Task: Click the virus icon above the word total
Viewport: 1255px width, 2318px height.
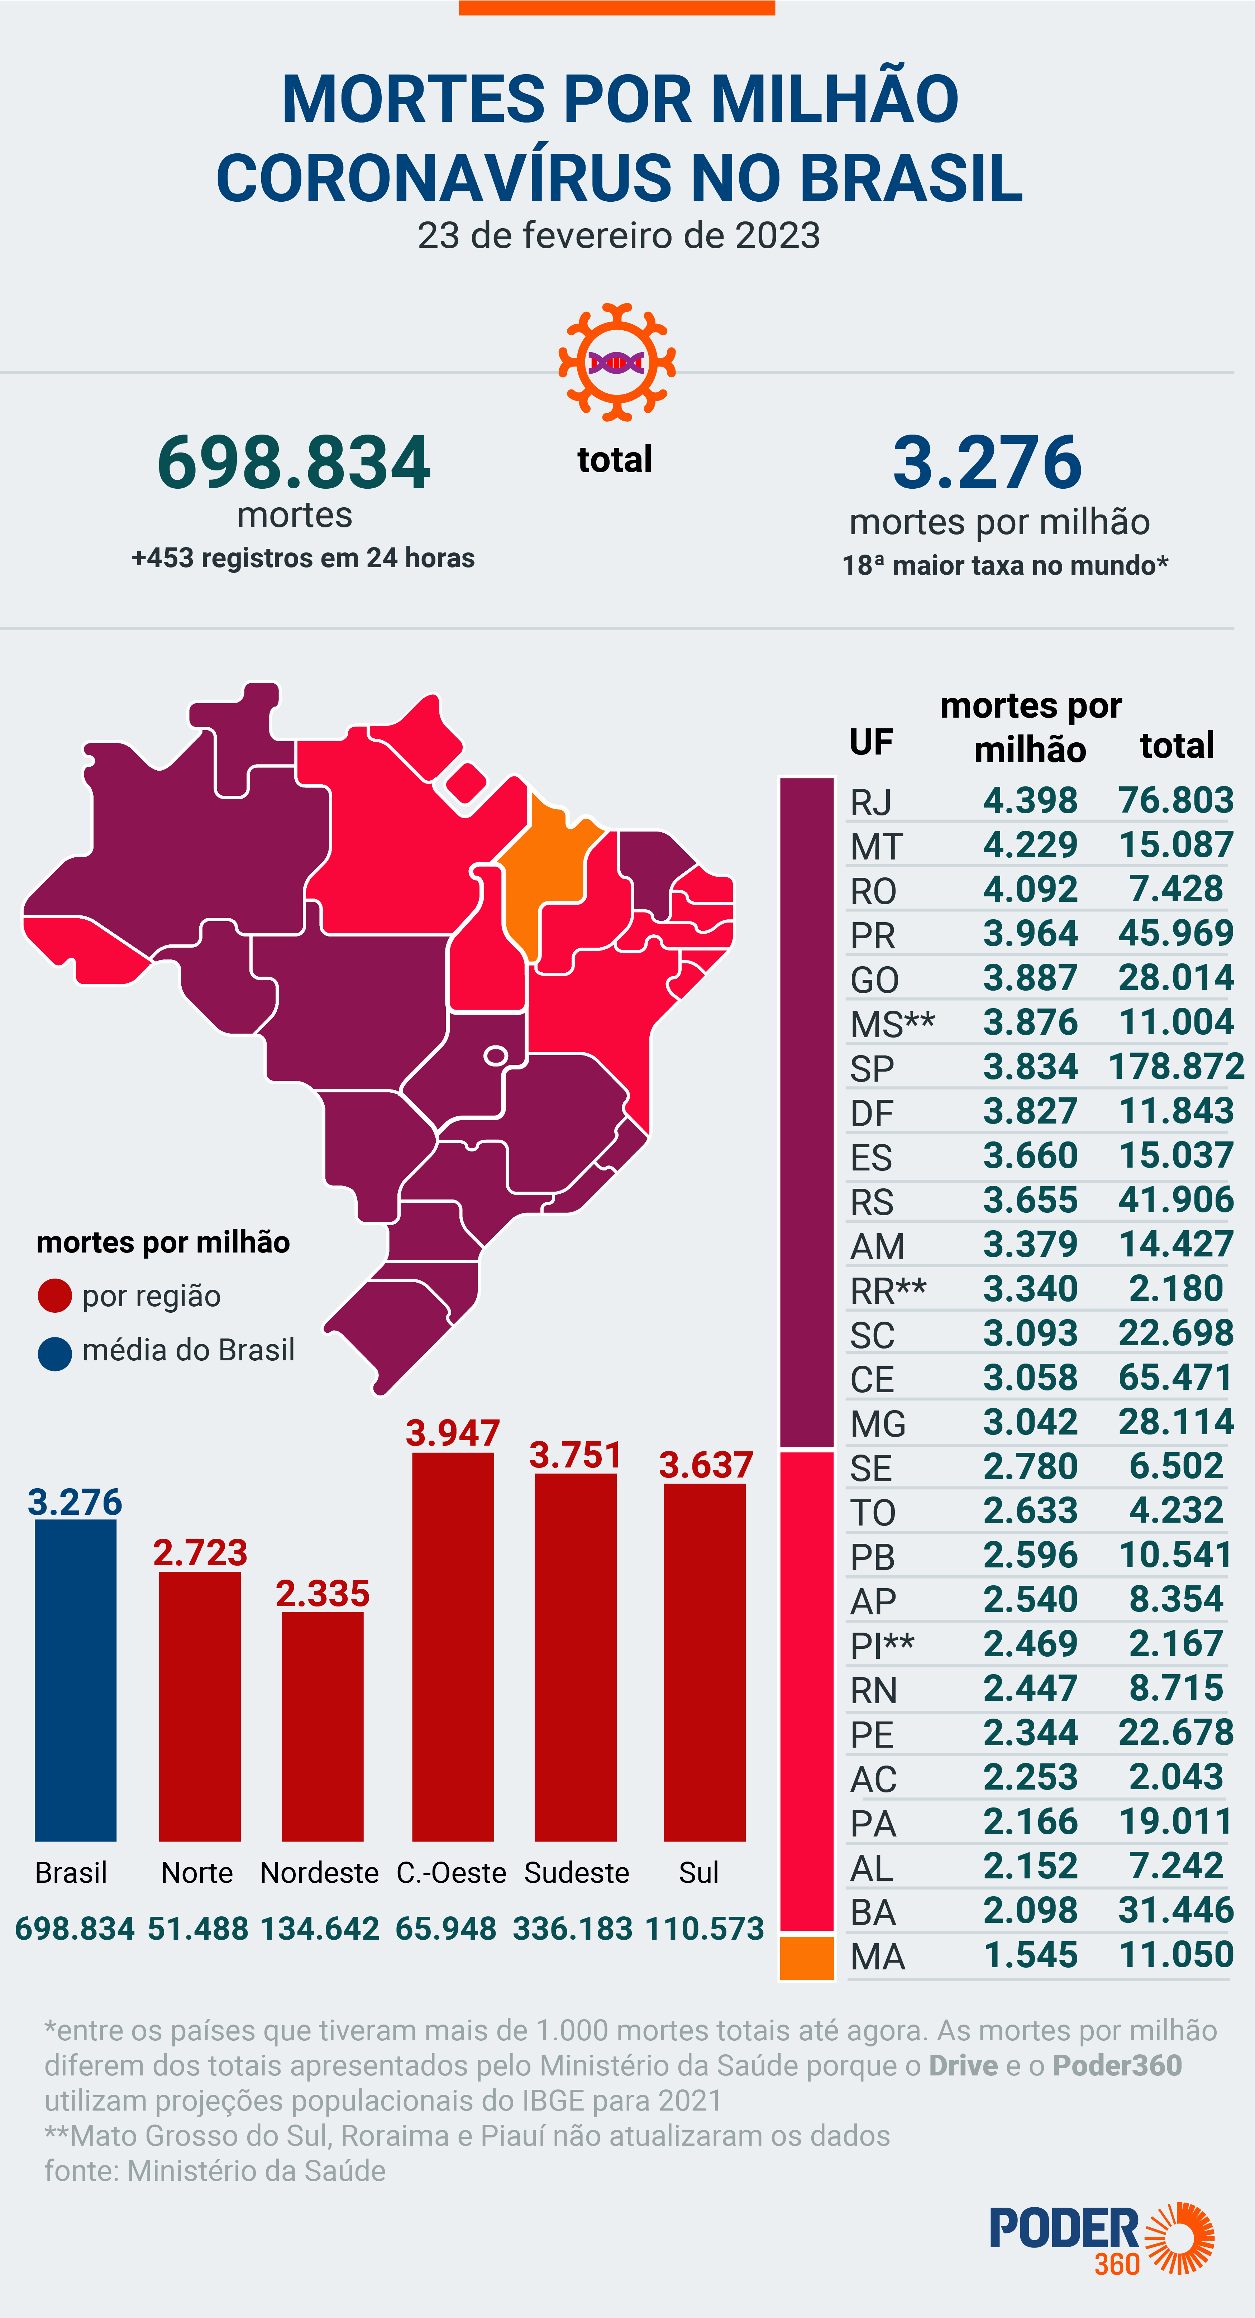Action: (617, 362)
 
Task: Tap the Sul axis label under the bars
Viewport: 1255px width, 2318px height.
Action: (698, 1873)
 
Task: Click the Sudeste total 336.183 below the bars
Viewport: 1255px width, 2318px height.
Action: (573, 1928)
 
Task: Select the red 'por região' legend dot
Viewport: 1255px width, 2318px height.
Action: (55, 1296)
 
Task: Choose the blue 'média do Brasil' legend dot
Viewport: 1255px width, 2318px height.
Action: (55, 1352)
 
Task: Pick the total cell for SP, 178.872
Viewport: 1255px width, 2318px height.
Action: (1176, 1067)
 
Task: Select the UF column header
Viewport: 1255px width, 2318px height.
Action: (870, 742)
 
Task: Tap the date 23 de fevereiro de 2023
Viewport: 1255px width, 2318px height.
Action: (619, 236)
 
